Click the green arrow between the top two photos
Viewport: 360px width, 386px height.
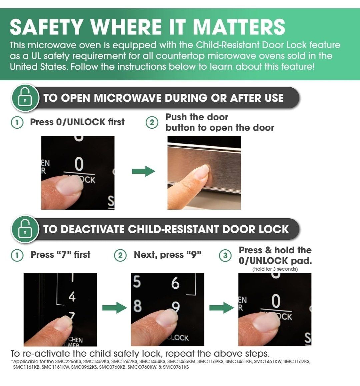144,171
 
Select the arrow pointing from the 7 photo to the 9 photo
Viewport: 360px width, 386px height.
115,308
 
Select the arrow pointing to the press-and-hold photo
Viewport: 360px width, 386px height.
222,308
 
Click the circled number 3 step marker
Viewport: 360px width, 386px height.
225,256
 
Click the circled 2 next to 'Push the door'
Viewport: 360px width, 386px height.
152,122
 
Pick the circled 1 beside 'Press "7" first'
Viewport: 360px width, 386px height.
17,255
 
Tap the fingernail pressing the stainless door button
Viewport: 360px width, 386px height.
203,171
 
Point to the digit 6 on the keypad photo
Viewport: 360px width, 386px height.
175,283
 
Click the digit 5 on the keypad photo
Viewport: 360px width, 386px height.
137,282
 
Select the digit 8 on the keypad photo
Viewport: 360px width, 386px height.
137,306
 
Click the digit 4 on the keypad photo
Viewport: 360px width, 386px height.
72,297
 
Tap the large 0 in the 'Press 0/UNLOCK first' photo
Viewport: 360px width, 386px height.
79,164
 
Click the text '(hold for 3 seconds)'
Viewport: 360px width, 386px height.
275,269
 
